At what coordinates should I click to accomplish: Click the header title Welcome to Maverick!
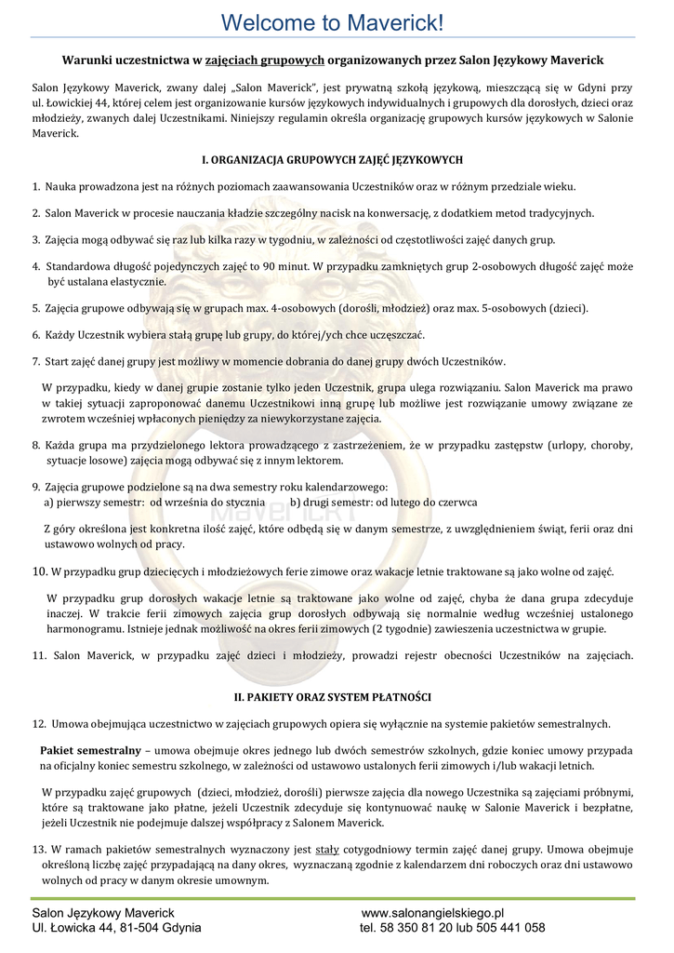click(336, 20)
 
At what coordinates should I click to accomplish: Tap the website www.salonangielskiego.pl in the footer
click(431, 913)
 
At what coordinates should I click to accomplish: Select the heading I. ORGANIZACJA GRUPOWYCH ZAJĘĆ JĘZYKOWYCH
click(332, 160)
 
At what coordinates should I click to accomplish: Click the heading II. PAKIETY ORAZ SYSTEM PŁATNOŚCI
click(332, 697)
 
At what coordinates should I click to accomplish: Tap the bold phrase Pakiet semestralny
click(90, 750)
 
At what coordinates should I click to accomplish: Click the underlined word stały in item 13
click(327, 850)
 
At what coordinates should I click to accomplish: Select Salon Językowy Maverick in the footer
click(103, 913)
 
